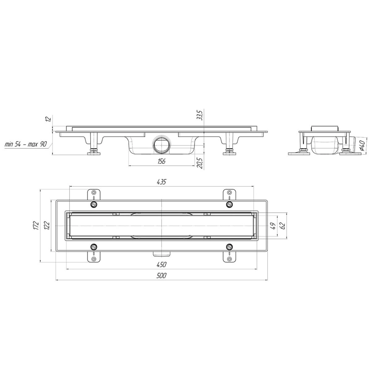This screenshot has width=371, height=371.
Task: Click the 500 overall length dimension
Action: tap(161, 276)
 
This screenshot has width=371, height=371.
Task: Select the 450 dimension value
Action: tap(161, 265)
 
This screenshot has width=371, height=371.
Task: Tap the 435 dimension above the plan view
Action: tap(161, 181)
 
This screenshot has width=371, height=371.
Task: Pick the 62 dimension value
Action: tap(282, 225)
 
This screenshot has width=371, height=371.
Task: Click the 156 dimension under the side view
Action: tap(161, 161)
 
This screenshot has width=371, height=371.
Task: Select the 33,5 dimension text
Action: tap(200, 115)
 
